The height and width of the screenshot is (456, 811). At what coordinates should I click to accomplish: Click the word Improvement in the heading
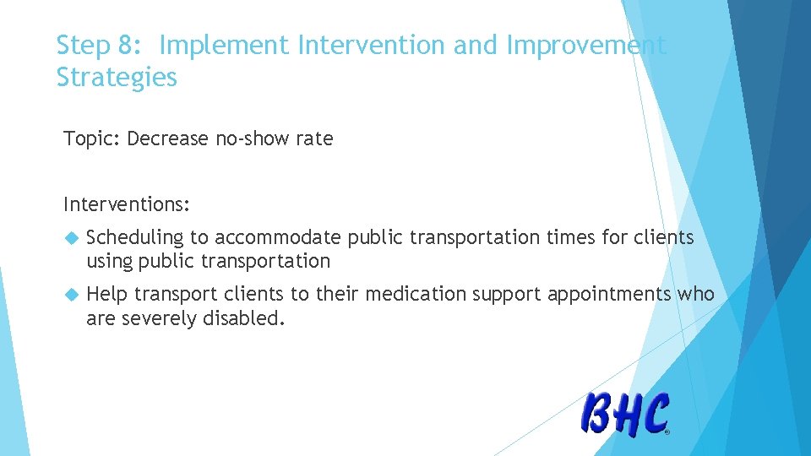pyautogui.click(x=586, y=46)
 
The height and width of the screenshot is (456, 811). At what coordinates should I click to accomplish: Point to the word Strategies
pyautogui.click(x=117, y=77)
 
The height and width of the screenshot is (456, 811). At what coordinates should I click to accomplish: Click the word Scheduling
pyautogui.click(x=135, y=238)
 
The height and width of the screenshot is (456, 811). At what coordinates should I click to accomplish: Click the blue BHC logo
pyautogui.click(x=625, y=414)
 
